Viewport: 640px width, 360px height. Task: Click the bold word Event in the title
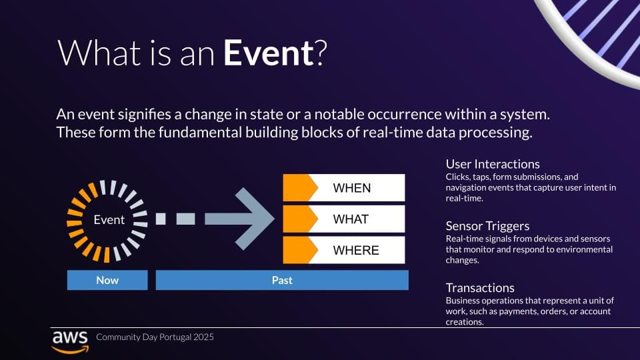[269, 53]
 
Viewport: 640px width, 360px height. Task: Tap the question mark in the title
[321, 53]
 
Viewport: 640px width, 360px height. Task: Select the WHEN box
[344, 188]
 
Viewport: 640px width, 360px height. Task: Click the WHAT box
[344, 219]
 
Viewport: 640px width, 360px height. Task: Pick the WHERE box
[344, 250]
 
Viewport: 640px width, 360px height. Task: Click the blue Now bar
[107, 280]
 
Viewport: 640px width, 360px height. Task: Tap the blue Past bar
[282, 280]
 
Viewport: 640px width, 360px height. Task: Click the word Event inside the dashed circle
[109, 220]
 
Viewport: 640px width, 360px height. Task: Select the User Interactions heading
[493, 164]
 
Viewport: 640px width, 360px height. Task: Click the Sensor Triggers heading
[487, 226]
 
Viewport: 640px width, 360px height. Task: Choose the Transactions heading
[480, 288]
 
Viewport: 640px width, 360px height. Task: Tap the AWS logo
[70, 342]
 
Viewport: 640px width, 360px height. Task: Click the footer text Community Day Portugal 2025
[155, 337]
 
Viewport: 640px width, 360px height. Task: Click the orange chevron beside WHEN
[301, 188]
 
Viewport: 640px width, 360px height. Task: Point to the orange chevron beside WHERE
[301, 250]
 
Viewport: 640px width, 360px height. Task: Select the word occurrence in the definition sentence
[405, 114]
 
